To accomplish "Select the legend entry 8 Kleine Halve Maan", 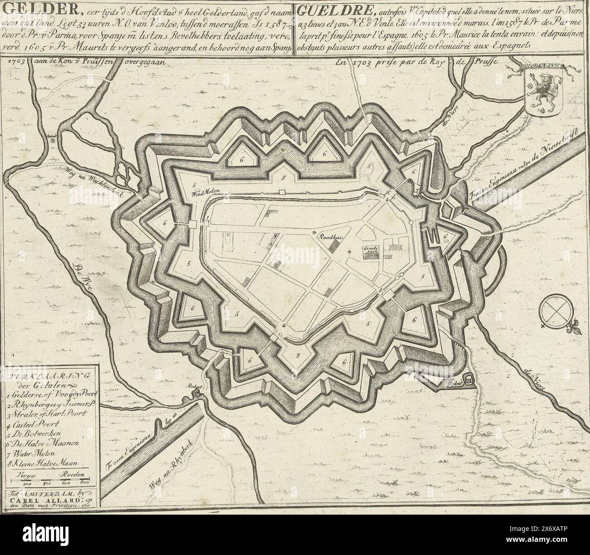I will pyautogui.click(x=43, y=463).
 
